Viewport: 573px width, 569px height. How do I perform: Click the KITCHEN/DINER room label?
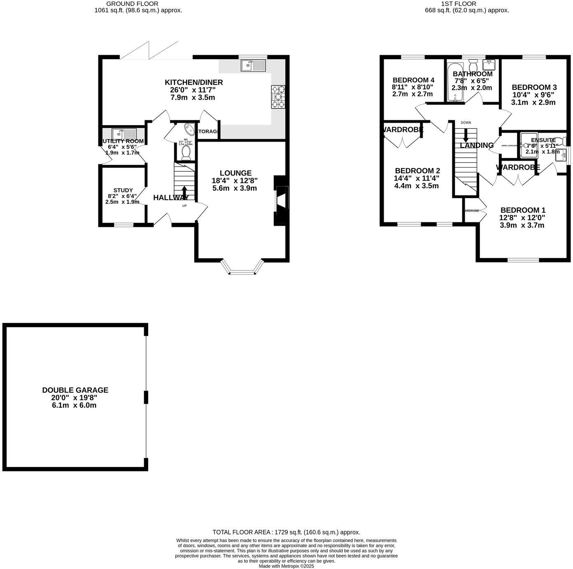[193, 83]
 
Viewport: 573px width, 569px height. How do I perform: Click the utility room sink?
[124, 134]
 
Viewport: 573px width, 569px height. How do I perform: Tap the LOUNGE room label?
[235, 173]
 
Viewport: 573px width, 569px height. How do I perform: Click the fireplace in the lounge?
[282, 201]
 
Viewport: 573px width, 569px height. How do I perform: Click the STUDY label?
[123, 190]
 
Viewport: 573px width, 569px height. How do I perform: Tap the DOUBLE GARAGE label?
[75, 390]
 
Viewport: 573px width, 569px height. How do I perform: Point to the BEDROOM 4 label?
[413, 80]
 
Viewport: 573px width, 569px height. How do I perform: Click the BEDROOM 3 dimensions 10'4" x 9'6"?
[534, 95]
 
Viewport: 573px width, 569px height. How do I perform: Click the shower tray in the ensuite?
[528, 145]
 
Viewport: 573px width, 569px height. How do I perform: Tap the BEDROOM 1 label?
[523, 210]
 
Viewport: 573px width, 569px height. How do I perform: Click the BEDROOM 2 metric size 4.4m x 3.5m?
[416, 186]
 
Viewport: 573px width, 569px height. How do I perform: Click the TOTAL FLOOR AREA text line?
[286, 532]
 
